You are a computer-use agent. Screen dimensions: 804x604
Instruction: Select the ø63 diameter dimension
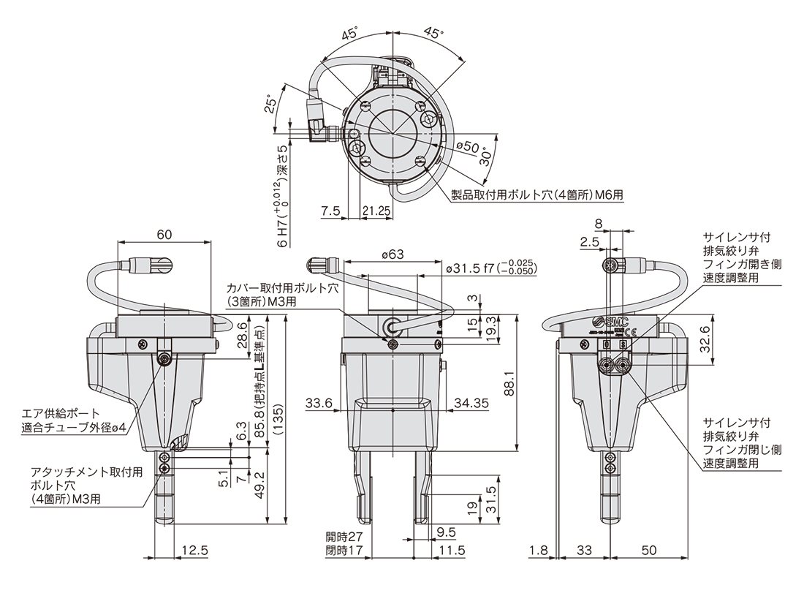[x=392, y=254]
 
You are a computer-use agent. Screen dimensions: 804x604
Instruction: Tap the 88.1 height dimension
[x=510, y=383]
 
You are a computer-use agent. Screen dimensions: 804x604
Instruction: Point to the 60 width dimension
[x=164, y=235]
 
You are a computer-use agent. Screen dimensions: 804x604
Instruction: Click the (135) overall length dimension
[x=278, y=420]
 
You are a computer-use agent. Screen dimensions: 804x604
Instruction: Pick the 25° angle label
[x=270, y=105]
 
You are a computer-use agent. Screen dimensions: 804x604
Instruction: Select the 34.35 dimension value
[x=470, y=404]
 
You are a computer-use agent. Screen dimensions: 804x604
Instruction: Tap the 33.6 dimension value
[x=319, y=404]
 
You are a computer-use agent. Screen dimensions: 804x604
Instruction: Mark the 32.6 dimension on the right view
[x=705, y=339]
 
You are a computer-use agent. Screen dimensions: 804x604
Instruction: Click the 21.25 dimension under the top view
[x=376, y=211]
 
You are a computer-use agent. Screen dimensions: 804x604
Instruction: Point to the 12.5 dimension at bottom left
[x=195, y=550]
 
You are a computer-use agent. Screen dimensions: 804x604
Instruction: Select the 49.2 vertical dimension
[x=260, y=486]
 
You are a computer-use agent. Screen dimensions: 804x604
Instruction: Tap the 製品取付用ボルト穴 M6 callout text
[x=537, y=195]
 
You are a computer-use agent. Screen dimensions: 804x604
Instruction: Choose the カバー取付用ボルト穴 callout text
[x=283, y=295]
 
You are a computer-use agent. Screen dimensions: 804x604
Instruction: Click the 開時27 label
[x=344, y=537]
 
